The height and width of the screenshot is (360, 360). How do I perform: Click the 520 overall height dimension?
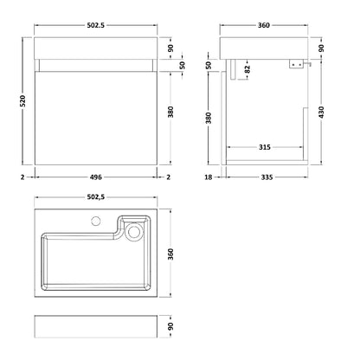(x=22, y=100)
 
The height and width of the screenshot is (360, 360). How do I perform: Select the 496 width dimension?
(x=96, y=177)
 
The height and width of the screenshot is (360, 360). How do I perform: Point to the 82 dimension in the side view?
(x=247, y=69)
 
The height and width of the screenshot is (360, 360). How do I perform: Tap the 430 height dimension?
(x=321, y=112)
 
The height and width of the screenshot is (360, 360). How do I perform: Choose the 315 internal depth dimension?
(x=265, y=147)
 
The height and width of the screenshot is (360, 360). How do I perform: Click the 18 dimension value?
(x=209, y=177)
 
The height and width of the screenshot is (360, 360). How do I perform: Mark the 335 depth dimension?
(x=267, y=177)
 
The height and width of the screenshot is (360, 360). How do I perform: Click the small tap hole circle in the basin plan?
(x=96, y=222)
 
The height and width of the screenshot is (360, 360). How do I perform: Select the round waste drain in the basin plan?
(x=134, y=231)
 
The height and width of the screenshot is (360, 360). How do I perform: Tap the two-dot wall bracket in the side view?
(x=296, y=65)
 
